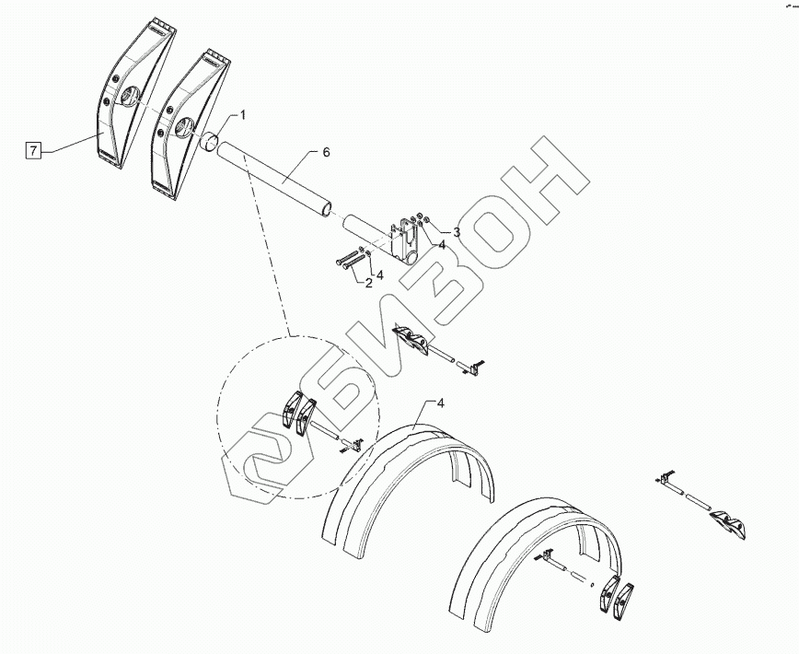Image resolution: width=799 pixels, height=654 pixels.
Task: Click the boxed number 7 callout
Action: click(x=34, y=151)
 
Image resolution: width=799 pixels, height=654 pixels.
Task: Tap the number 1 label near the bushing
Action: click(x=243, y=115)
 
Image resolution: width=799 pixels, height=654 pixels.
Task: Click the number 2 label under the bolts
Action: click(x=369, y=283)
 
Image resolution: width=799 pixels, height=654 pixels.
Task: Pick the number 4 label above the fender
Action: click(x=441, y=403)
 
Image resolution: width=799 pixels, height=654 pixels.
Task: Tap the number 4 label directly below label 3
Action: click(x=442, y=245)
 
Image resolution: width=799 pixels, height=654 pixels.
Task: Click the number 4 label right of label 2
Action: click(x=379, y=274)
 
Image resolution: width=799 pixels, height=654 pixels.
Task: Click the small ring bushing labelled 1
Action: click(x=211, y=144)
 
